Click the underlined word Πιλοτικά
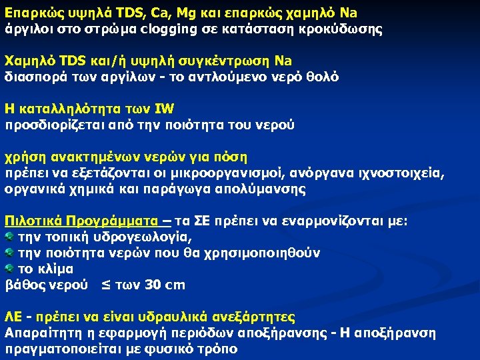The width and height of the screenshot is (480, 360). [x=33, y=221]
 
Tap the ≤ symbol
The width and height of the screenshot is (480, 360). [x=105, y=285]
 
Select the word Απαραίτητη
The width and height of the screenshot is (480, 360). [x=39, y=333]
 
